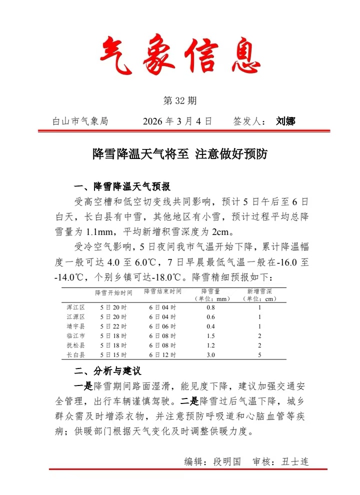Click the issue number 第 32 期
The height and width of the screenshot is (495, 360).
pos(180,101)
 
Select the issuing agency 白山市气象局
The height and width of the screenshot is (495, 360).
pos(80,121)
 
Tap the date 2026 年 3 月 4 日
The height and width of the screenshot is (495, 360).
pos(177,121)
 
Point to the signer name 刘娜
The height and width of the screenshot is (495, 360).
pos(285,121)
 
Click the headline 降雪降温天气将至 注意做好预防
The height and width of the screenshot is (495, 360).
pos(180,154)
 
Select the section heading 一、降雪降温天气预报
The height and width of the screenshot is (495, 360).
pos(122,187)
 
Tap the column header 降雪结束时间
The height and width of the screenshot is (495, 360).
pos(162,291)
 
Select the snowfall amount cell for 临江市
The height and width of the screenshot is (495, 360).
pos(210,336)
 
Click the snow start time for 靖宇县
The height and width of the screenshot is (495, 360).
pos(113,326)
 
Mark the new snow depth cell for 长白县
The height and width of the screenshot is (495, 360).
pos(259,355)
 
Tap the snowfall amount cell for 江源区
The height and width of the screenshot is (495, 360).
pos(210,317)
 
